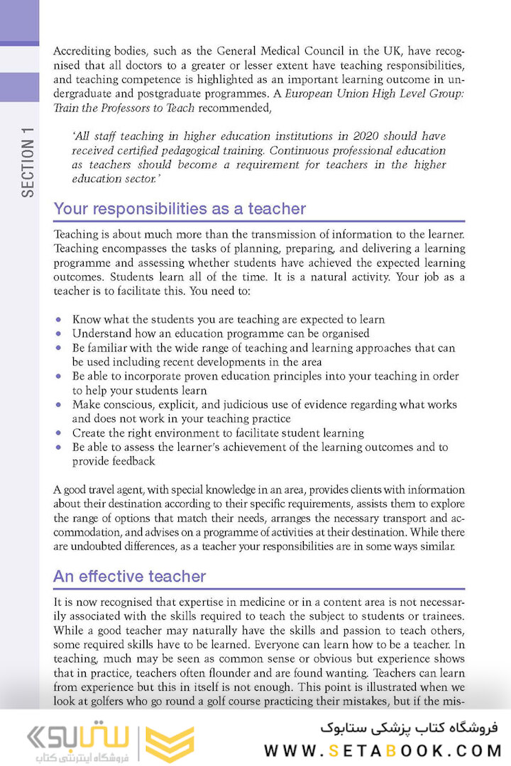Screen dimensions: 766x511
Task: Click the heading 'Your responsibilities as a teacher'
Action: point(180,209)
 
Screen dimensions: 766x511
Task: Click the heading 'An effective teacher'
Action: point(129,577)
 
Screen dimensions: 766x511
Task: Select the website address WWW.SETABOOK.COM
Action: point(383,750)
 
